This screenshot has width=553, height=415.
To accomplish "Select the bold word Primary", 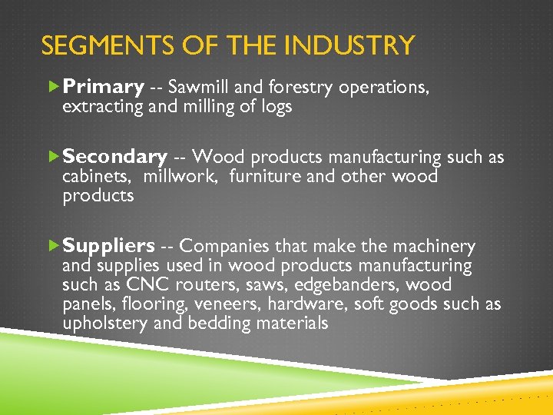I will pyautogui.click(x=104, y=88).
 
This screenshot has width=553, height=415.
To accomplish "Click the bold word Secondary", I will pyautogui.click(x=114, y=157).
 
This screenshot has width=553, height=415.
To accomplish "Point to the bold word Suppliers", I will pyautogui.click(x=108, y=246).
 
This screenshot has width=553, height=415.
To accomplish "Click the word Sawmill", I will pyautogui.click(x=198, y=88).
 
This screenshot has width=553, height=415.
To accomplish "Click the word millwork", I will pyautogui.click(x=183, y=177).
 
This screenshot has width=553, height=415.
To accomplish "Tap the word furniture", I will pyautogui.click(x=263, y=177).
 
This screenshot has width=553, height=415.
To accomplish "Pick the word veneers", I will pyautogui.click(x=229, y=304).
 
